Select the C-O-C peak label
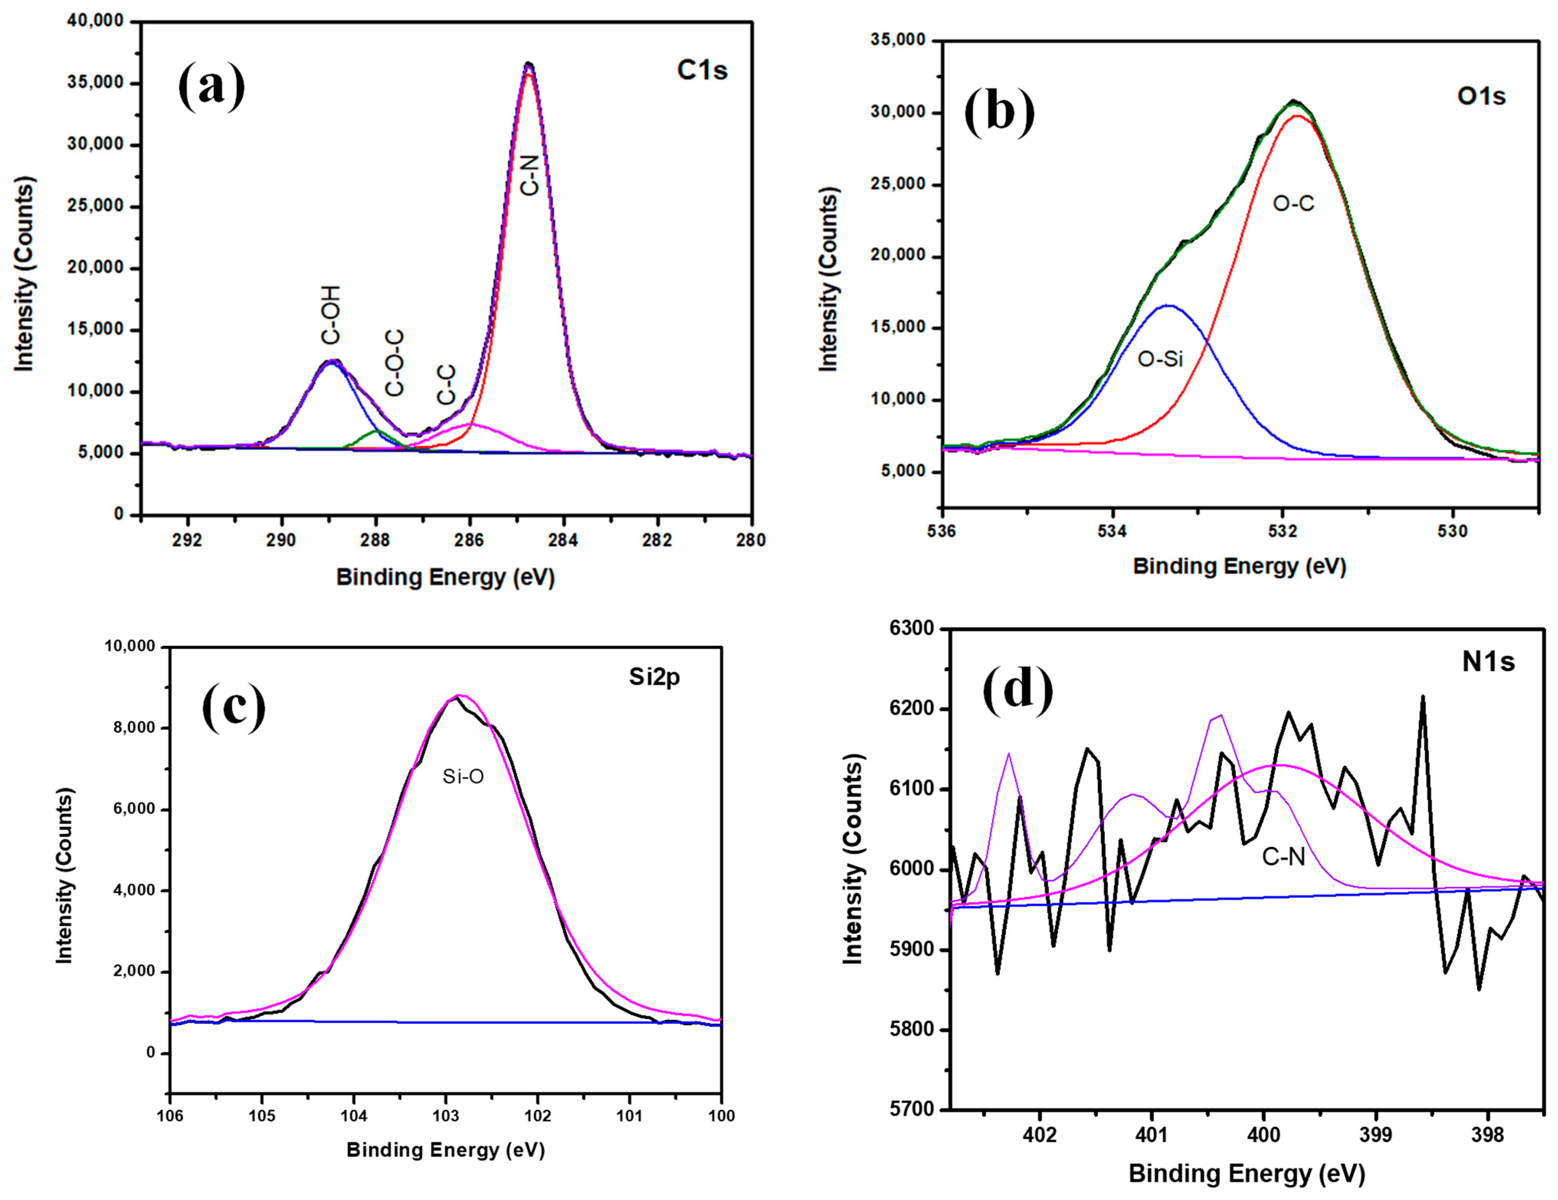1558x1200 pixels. [x=395, y=363]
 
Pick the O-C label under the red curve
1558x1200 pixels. [x=1293, y=204]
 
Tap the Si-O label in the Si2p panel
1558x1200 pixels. [x=463, y=777]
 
